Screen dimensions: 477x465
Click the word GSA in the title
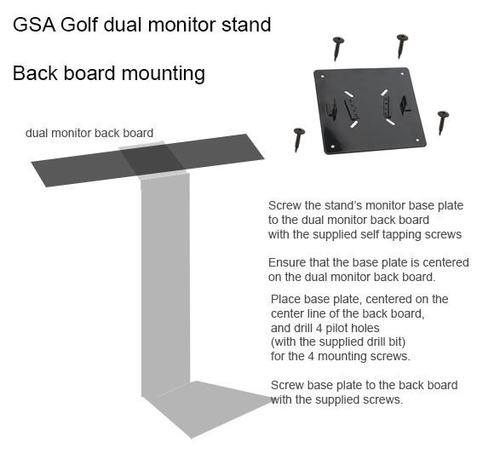(34, 25)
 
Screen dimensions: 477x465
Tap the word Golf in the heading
(79, 24)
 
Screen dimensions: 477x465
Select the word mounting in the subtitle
(164, 74)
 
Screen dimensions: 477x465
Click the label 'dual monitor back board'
(89, 133)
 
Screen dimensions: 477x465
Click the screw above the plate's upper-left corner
(337, 48)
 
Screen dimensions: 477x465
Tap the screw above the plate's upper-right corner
(402, 46)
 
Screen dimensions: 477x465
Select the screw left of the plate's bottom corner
(299, 140)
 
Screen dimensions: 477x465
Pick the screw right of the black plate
(443, 123)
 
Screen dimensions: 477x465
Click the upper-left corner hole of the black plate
(322, 77)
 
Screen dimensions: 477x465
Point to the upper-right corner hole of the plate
(402, 73)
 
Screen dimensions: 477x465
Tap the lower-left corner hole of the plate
(332, 146)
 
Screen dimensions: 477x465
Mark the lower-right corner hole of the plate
(417, 141)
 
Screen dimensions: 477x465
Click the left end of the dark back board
(32, 163)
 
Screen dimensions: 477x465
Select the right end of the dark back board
(264, 158)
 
